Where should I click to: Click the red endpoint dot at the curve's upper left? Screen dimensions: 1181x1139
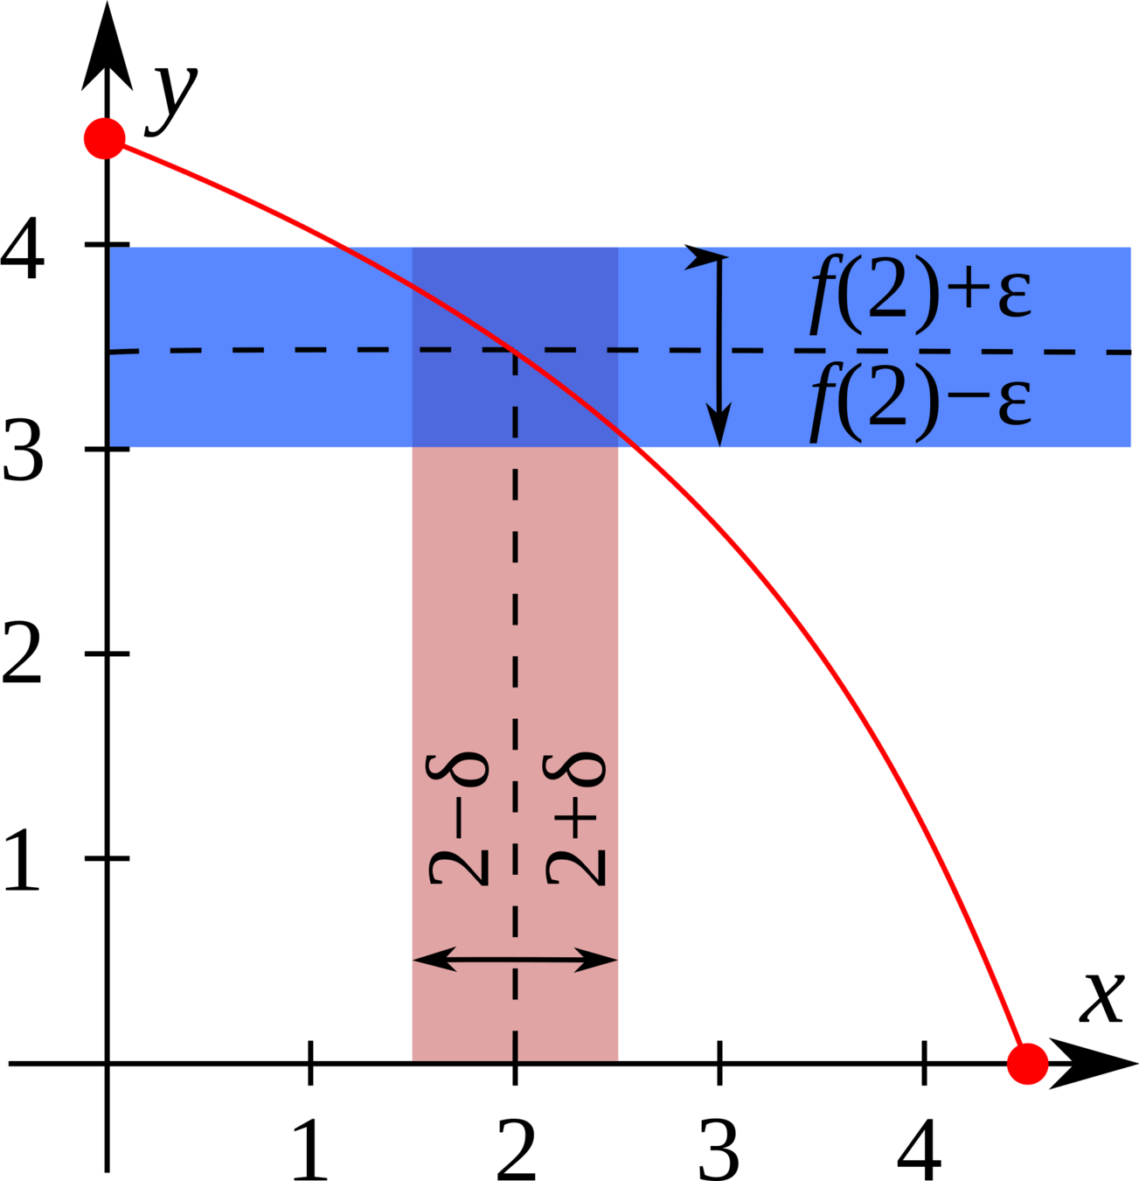click(104, 138)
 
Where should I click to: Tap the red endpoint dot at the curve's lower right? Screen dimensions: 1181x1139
click(1027, 1064)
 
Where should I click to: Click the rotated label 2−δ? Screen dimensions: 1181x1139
click(458, 818)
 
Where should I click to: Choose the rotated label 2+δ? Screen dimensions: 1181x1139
click(574, 818)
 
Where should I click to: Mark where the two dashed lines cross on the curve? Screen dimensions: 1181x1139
click(515, 350)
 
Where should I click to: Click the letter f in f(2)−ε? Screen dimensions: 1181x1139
click(823, 405)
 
